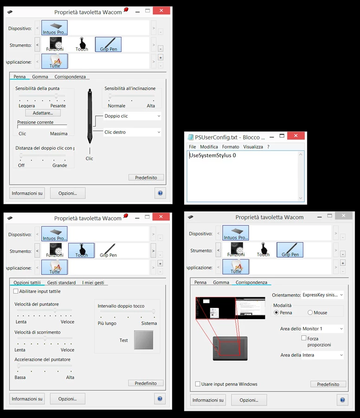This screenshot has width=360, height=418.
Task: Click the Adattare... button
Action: click(43, 113)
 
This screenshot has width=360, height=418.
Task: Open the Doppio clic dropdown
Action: click(132, 116)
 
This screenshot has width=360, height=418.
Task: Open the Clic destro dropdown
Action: click(132, 132)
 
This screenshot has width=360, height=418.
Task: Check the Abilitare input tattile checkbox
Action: click(16, 291)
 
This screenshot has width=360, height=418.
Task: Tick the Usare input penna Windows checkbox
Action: click(198, 384)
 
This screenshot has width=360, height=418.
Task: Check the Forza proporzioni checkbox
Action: click(304, 338)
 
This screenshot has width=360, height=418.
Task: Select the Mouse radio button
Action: click(310, 313)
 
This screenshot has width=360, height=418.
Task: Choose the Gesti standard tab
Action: click(62, 282)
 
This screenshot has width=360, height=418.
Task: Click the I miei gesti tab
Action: click(93, 282)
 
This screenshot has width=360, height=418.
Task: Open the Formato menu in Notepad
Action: click(231, 147)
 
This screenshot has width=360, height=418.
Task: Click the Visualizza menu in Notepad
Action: click(253, 147)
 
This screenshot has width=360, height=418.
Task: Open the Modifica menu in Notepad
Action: click(209, 147)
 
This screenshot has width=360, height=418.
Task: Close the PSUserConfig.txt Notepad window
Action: click(296, 136)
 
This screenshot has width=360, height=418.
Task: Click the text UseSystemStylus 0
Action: click(212, 156)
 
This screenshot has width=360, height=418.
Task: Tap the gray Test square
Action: click(144, 340)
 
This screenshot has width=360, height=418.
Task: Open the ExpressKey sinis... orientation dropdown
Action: click(322, 295)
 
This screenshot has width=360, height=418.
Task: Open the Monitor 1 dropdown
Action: click(322, 329)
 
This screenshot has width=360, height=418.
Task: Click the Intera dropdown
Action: click(322, 355)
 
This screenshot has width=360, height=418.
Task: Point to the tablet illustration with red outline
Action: click(230, 348)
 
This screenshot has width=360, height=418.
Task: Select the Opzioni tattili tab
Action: click(27, 282)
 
